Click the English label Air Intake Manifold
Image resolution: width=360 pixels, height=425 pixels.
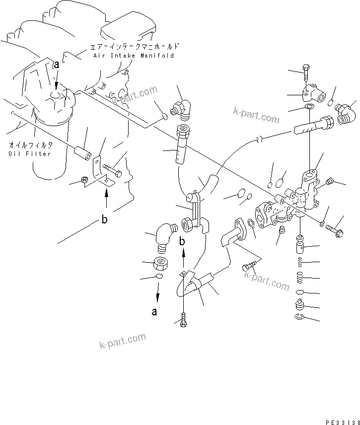point(134,56)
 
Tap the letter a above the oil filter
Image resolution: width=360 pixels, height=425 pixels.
point(57,64)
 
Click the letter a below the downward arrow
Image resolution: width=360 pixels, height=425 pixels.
point(155,312)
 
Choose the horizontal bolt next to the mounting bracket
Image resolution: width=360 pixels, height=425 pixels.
point(114,173)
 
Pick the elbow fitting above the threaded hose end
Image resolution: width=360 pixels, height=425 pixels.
point(181,110)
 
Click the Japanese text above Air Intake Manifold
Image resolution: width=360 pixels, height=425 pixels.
point(134,47)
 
